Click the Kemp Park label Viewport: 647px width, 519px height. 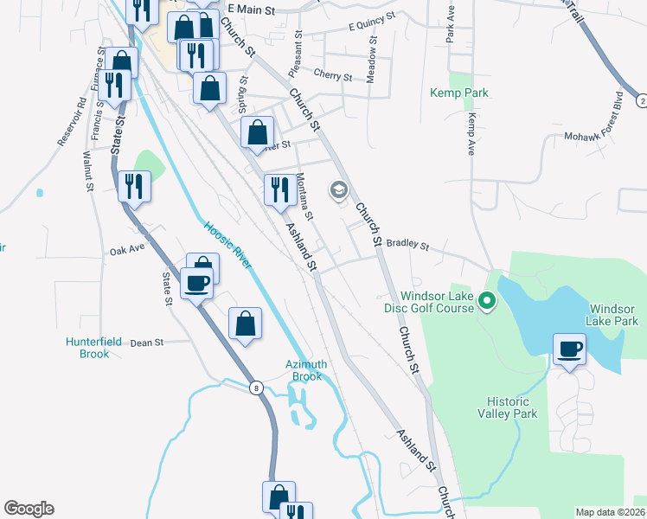[459, 93]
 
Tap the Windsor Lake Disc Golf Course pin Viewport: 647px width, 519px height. [487, 302]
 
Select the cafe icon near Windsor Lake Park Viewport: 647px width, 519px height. [569, 350]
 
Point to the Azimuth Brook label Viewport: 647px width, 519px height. [306, 370]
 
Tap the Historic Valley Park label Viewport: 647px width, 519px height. [511, 407]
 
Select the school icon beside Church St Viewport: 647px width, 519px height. [337, 190]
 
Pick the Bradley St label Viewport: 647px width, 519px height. [407, 245]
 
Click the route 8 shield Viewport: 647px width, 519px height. [257, 388]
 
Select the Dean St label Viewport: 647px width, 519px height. [147, 343]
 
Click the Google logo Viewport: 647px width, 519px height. [29, 509]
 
